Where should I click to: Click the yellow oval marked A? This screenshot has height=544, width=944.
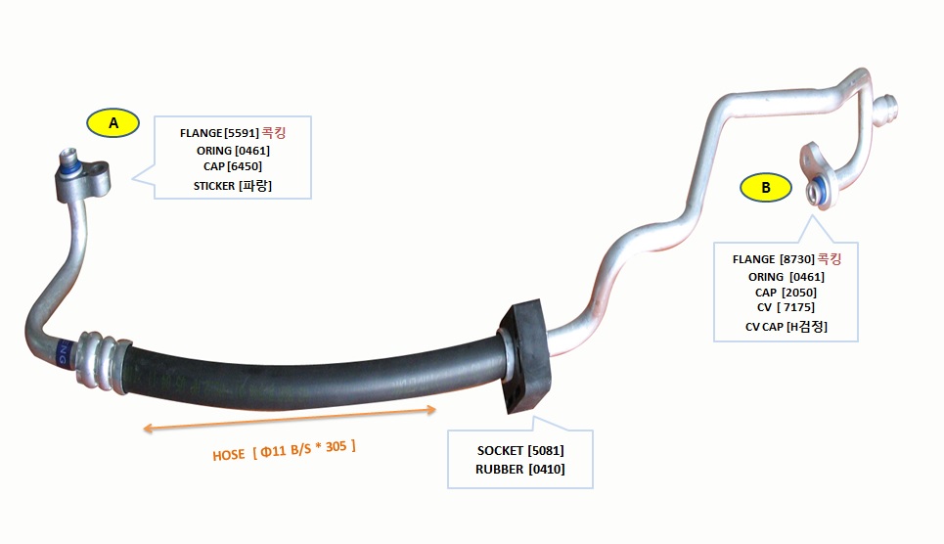pyautogui.click(x=113, y=123)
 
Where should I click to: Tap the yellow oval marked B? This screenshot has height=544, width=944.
pyautogui.click(x=765, y=187)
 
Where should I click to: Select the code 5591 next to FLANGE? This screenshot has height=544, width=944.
pyautogui.click(x=242, y=133)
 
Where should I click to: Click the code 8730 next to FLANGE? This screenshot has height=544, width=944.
pyautogui.click(x=797, y=259)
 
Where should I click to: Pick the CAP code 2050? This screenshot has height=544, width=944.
pyautogui.click(x=799, y=293)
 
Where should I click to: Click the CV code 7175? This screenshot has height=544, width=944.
pyautogui.click(x=796, y=307)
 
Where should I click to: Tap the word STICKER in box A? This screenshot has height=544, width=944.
pyautogui.click(x=214, y=186)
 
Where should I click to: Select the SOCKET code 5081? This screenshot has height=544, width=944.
pyautogui.click(x=546, y=451)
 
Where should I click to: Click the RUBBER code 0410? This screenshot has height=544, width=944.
pyautogui.click(x=547, y=470)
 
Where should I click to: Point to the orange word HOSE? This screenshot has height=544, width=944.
pyautogui.click(x=229, y=455)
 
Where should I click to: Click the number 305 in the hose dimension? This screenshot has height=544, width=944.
pyautogui.click(x=336, y=446)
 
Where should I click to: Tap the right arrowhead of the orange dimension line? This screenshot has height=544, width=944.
pyautogui.click(x=431, y=410)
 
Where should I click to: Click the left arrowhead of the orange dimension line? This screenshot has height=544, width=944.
pyautogui.click(x=148, y=429)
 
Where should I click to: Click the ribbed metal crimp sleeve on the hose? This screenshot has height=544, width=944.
pyautogui.click(x=101, y=361)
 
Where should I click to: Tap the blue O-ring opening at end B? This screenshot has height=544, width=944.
pyautogui.click(x=818, y=191)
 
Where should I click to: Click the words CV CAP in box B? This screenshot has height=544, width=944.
pyautogui.click(x=764, y=327)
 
